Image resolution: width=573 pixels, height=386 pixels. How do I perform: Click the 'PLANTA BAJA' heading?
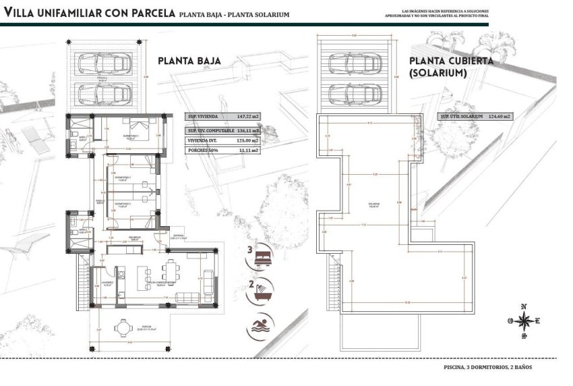pos(189,60)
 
